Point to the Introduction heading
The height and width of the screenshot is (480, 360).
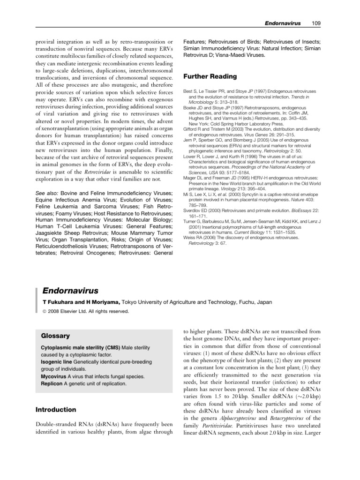[56, 409]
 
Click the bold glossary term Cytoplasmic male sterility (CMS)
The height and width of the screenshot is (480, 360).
[80, 347]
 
